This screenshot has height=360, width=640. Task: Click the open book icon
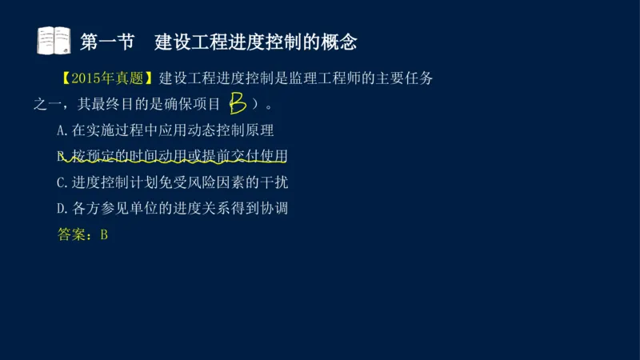pyautogui.click(x=54, y=40)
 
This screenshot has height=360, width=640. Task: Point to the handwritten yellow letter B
pyautogui.click(x=237, y=103)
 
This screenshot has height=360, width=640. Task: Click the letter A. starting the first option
pyautogui.click(x=64, y=130)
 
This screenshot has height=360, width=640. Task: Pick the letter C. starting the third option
pyautogui.click(x=64, y=182)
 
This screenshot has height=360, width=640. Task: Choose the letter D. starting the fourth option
pyautogui.click(x=64, y=209)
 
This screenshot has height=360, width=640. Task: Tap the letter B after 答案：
pyautogui.click(x=104, y=235)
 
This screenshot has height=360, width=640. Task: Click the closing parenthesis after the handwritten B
pyautogui.click(x=255, y=104)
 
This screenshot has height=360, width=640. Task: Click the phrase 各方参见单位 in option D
pyautogui.click(x=114, y=209)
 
